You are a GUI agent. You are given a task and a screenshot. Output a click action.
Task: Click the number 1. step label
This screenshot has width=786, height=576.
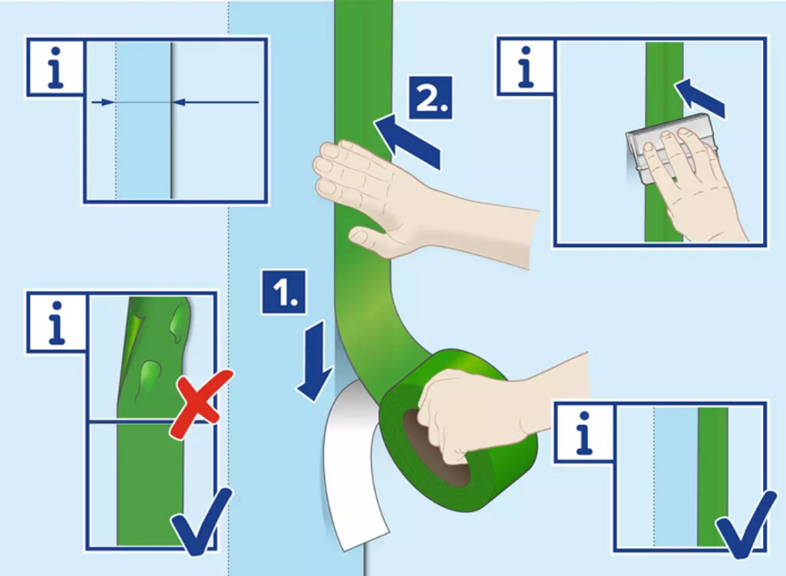(284, 292)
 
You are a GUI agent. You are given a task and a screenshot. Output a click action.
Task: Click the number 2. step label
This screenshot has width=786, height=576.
(431, 97)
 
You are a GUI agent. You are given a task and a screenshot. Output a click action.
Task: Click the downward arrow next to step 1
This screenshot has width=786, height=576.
(315, 361)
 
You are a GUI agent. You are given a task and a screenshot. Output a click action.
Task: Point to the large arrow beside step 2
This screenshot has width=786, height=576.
(407, 142)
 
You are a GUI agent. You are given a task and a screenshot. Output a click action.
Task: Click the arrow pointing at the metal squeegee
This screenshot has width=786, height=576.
(700, 98)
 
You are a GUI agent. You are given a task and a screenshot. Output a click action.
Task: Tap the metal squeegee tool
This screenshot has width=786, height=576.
(667, 148)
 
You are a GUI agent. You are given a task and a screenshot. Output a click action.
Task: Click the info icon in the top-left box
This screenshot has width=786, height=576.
(54, 67)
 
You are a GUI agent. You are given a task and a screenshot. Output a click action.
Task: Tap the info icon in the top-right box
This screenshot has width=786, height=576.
(525, 66)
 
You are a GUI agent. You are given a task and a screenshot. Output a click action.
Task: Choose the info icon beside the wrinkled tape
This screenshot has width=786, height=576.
(56, 323)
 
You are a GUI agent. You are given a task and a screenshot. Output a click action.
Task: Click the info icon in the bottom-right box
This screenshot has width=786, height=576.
(583, 433)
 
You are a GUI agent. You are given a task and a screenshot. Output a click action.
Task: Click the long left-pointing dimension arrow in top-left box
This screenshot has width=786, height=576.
(216, 102)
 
